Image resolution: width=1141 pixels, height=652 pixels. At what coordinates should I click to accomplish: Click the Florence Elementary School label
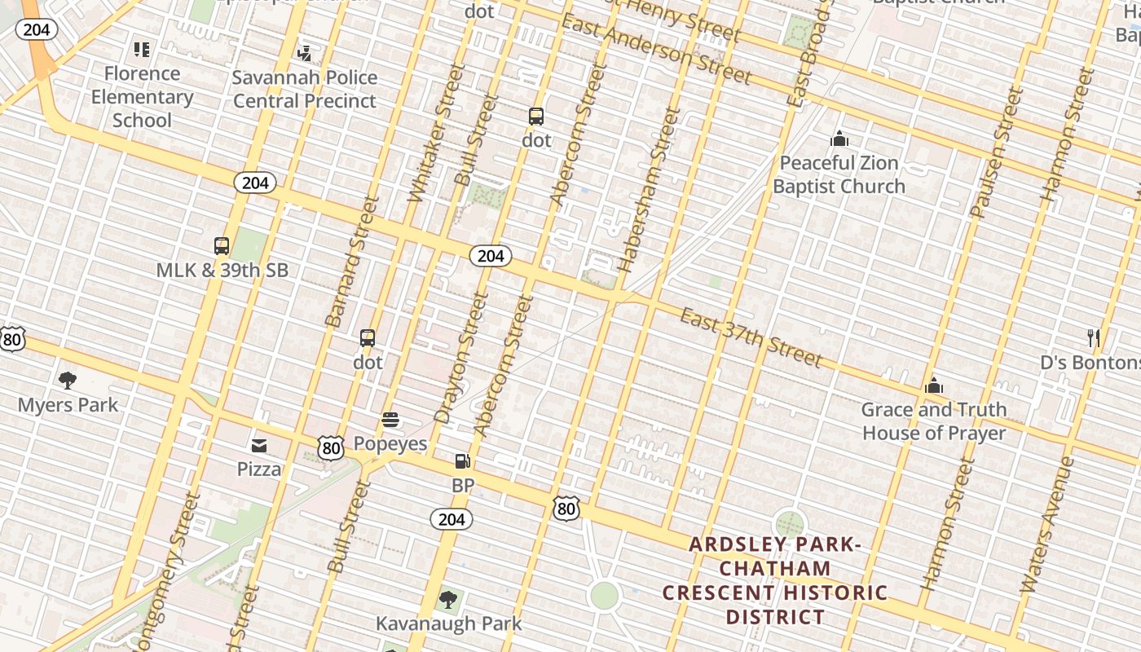[142, 97]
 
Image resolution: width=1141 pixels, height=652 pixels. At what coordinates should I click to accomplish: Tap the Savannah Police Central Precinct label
[305, 90]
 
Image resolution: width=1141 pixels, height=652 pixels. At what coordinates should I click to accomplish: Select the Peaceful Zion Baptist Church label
[839, 174]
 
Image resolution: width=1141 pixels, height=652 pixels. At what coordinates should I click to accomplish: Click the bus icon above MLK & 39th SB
[221, 245]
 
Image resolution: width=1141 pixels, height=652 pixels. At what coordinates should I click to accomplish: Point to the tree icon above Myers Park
[68, 380]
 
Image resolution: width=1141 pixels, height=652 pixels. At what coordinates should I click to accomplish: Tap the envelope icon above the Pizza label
[259, 445]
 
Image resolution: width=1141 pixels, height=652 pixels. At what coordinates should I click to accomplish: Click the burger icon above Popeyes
[390, 420]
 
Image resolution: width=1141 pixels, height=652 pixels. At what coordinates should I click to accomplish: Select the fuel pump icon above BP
[462, 461]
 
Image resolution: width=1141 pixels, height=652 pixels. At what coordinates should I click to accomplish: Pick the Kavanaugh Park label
[448, 623]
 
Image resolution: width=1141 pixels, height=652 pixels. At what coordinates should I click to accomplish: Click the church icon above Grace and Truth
[934, 385]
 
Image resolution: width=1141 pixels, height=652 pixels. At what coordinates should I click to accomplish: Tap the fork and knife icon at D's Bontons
[1094, 337]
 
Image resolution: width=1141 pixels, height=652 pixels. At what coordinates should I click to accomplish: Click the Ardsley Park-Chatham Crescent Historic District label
[774, 580]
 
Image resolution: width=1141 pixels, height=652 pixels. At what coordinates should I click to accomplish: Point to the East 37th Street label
[751, 337]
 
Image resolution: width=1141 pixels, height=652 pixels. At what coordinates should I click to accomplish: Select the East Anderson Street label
[655, 50]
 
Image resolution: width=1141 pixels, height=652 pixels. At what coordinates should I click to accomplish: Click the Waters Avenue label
[1046, 525]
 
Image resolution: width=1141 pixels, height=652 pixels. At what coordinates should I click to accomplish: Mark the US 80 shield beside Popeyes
[330, 447]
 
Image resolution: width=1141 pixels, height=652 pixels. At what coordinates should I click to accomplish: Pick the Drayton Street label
[461, 358]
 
